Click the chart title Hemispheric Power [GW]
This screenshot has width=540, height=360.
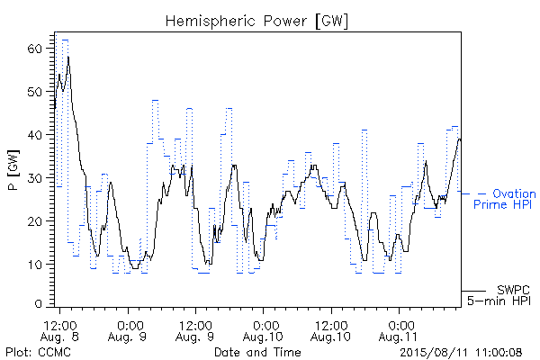256,22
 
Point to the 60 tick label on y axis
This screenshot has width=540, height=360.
34,49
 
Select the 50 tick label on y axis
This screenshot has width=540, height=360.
34,92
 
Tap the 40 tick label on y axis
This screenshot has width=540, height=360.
34,135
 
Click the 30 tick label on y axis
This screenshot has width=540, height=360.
34,178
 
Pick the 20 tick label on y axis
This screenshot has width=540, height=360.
34,220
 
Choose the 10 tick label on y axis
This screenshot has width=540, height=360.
34,265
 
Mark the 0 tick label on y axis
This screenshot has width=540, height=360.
39,304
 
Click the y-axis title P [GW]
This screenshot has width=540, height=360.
13,170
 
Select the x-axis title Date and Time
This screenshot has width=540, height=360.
257,352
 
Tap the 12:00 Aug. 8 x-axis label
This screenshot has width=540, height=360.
59,330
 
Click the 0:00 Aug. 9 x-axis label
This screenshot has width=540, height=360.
128,330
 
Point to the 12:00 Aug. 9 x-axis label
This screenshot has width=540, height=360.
195,330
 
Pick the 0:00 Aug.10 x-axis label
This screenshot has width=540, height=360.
263,330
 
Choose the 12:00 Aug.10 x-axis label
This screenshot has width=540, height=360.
331,330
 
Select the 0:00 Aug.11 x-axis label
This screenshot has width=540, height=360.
399,330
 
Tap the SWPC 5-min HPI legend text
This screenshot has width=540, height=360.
499,295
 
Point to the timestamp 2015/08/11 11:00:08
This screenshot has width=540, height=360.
461,352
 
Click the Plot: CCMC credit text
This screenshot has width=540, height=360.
38,352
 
